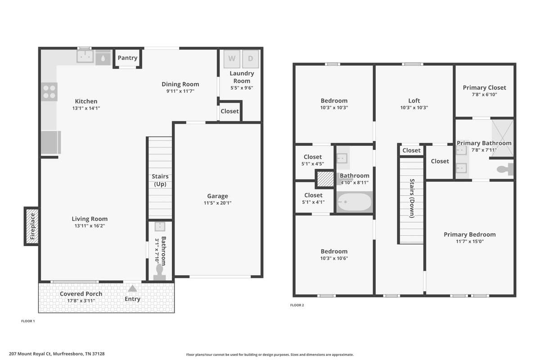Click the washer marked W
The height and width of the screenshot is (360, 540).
232,59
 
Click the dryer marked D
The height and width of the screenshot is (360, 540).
251,59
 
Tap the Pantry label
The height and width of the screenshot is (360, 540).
127,58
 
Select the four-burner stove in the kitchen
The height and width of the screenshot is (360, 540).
49,92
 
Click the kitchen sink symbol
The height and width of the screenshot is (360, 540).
85,56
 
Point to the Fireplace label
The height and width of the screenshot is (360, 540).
32,226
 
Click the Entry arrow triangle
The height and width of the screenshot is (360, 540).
132,288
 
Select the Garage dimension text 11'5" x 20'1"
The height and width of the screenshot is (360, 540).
217,203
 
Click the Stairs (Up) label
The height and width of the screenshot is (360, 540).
160,180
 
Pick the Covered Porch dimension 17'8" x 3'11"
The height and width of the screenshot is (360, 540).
81,301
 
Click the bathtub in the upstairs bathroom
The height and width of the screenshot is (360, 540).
355,202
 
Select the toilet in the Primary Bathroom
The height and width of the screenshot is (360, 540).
505,169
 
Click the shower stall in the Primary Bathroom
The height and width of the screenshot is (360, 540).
503,138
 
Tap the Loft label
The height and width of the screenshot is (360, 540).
414,100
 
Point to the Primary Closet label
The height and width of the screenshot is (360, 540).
484,88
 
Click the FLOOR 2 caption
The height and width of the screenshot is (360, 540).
297,305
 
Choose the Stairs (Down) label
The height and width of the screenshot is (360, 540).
412,198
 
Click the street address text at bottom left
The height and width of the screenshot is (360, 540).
57,354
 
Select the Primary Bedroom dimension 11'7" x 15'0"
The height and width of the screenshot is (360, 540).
470,241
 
